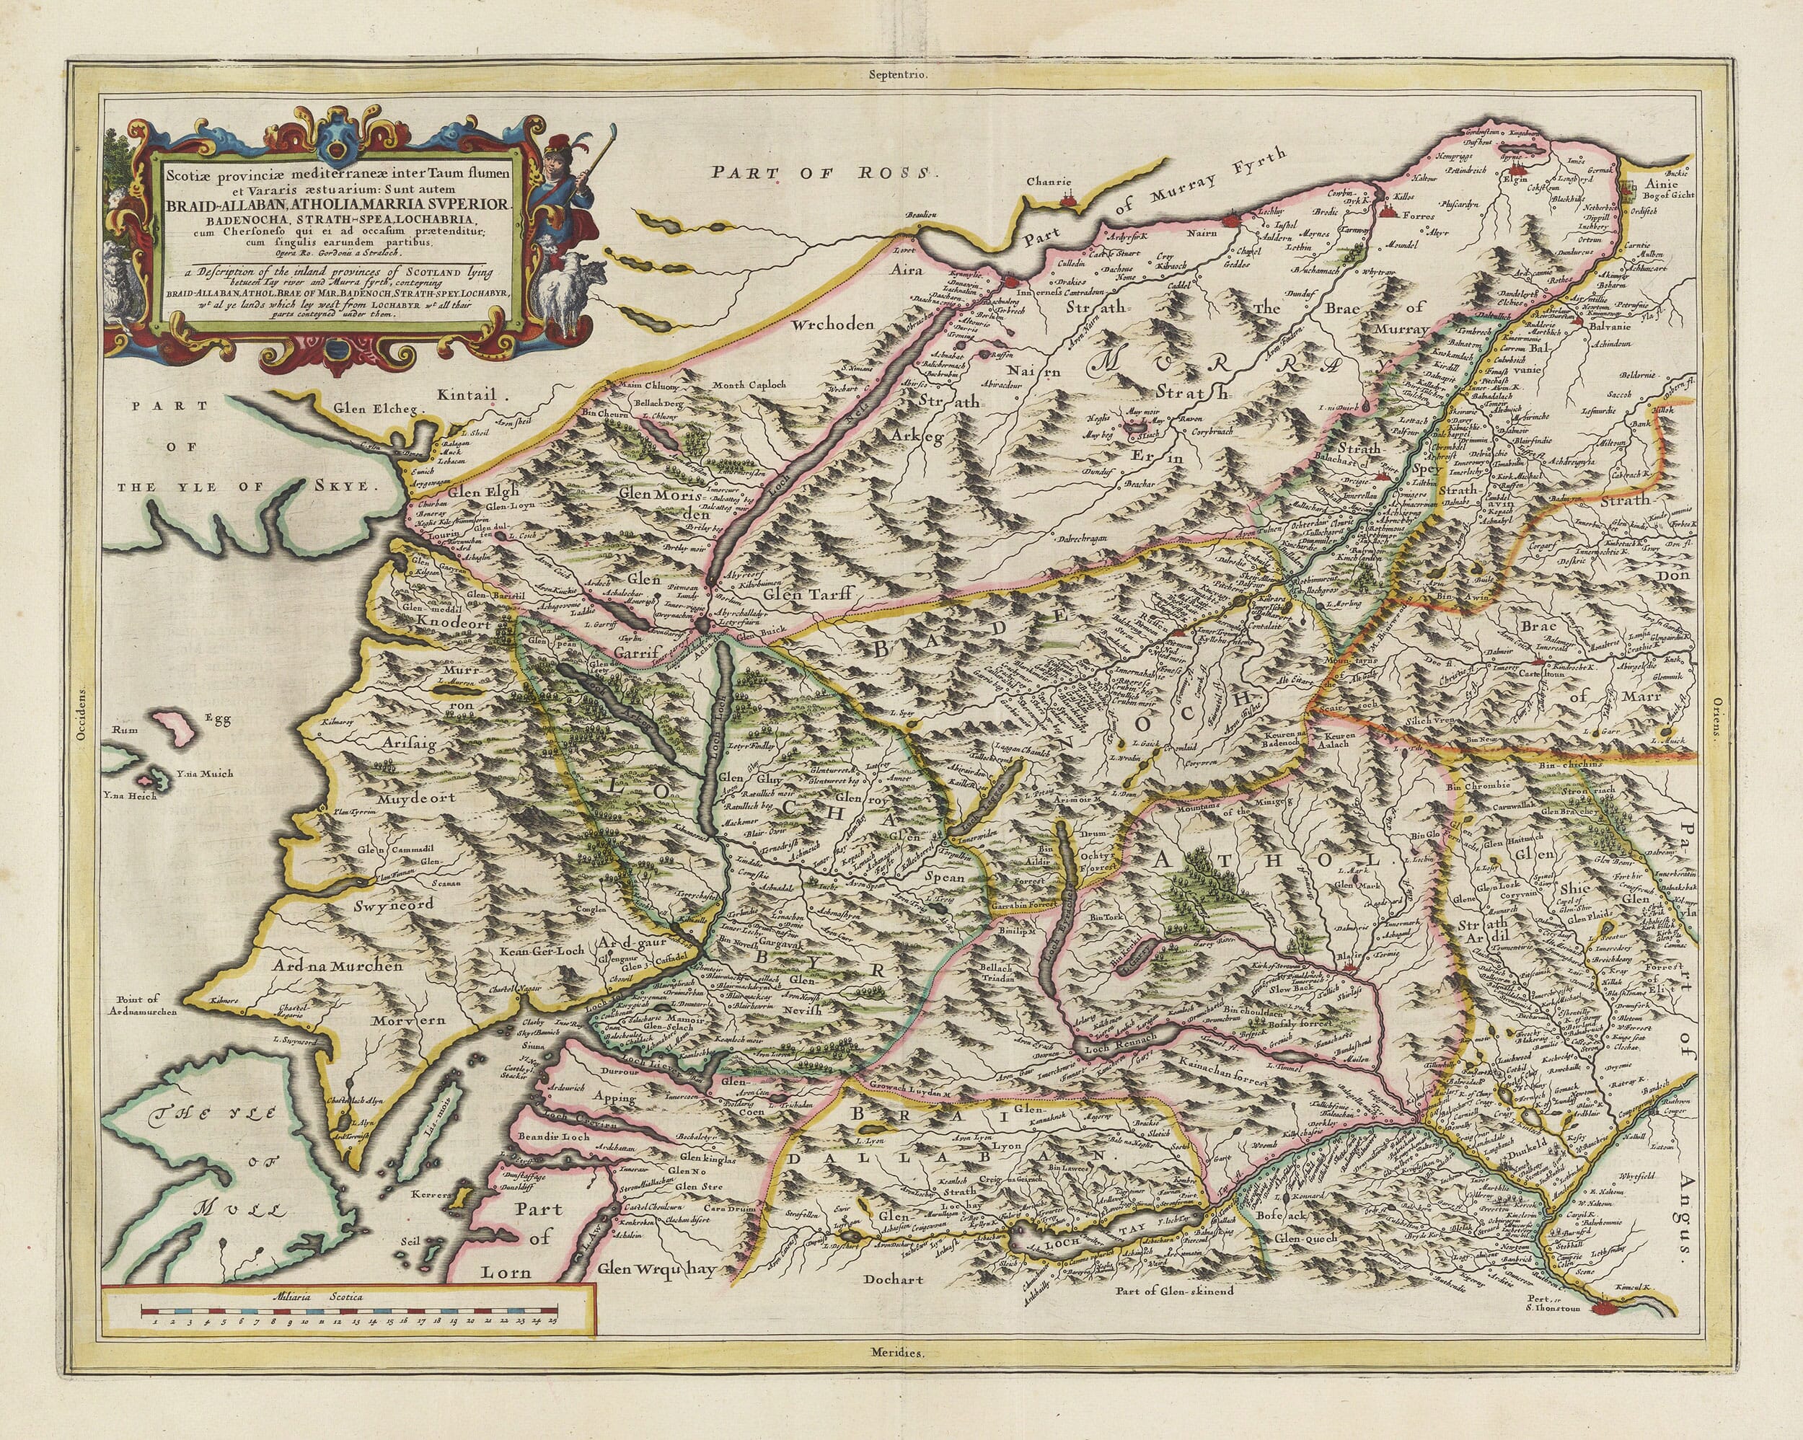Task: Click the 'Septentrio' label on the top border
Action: click(x=897, y=74)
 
